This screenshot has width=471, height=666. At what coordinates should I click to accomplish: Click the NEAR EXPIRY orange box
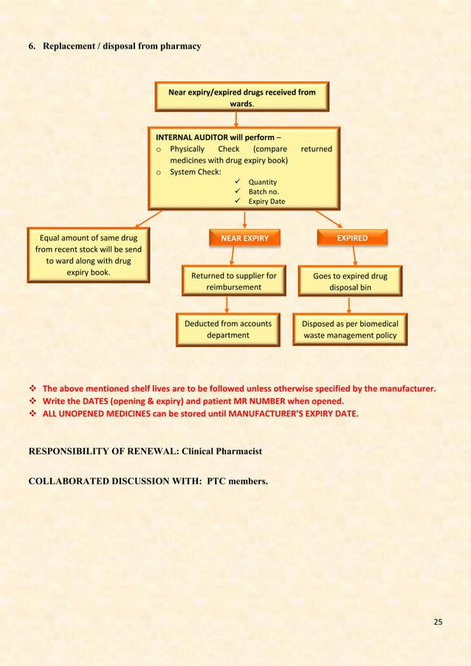click(x=244, y=238)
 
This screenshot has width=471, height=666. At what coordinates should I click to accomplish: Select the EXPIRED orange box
click(x=352, y=238)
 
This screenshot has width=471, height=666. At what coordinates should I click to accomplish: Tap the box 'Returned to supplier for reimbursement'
click(x=233, y=281)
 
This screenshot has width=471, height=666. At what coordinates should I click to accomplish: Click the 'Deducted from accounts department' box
click(x=228, y=329)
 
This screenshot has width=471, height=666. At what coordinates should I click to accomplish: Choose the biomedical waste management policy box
click(x=350, y=329)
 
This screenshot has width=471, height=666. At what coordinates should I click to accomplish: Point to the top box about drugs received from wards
click(x=241, y=97)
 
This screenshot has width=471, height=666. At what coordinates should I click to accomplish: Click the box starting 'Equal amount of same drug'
click(x=89, y=255)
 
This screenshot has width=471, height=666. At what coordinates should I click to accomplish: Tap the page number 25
click(x=438, y=622)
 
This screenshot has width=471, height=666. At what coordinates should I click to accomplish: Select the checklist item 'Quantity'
click(x=262, y=182)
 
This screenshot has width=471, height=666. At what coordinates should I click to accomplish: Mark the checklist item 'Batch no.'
click(x=264, y=191)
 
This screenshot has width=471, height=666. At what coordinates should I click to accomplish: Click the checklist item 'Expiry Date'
click(x=267, y=201)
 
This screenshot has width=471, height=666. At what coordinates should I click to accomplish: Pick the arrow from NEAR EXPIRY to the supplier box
click(x=233, y=255)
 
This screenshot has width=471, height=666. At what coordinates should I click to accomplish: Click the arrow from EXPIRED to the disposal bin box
click(x=354, y=255)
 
